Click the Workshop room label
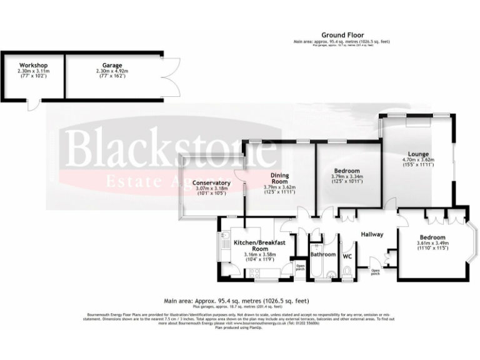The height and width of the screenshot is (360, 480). tap(33, 65)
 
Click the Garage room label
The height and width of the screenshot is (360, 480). tap(112, 65)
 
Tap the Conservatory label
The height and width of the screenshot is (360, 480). tap(211, 183)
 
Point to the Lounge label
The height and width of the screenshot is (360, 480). tap(418, 154)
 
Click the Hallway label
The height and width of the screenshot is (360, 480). tap(371, 234)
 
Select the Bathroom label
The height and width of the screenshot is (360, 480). tap(323, 254)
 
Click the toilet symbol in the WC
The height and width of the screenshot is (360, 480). tap(348, 271)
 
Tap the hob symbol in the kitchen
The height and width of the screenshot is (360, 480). tap(255, 271)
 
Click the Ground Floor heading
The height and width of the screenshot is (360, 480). tap(342, 35)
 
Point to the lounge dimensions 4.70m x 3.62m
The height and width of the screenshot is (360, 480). tap(418, 160)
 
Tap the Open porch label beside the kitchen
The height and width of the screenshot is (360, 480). tap(300, 267)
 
